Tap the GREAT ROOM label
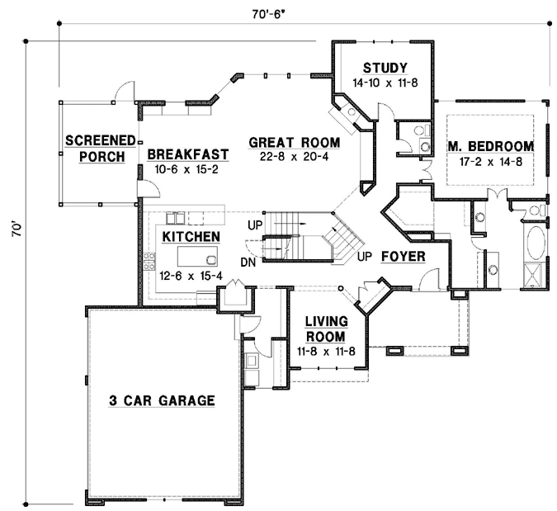(x=289, y=142)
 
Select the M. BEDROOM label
(x=490, y=147)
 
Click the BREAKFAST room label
(x=187, y=154)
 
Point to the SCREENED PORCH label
(x=95, y=147)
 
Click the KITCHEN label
(x=191, y=237)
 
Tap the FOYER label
(x=404, y=257)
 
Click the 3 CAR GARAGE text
(x=162, y=401)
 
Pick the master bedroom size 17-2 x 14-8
(x=490, y=162)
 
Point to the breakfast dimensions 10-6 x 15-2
(x=187, y=169)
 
